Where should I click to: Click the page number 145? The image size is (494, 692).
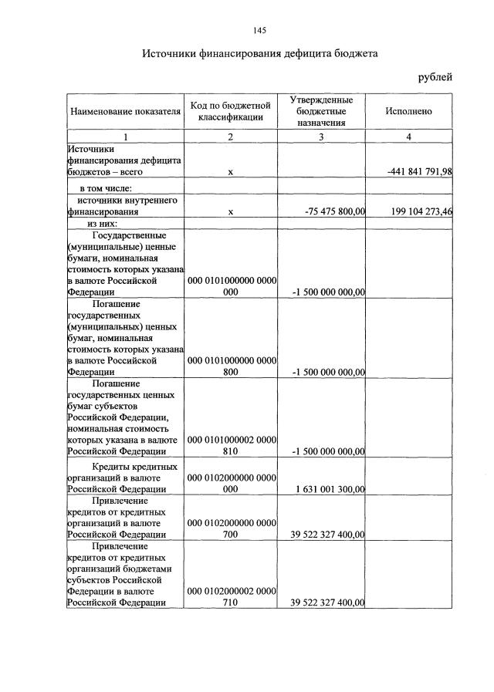[x=259, y=30]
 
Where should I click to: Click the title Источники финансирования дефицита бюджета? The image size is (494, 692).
[x=259, y=54]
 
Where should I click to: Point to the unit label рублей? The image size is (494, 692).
[x=435, y=76]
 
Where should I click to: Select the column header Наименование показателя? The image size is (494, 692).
[x=126, y=112]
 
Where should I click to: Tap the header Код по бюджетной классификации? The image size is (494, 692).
[x=231, y=111]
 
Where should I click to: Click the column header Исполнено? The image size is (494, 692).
[x=408, y=112]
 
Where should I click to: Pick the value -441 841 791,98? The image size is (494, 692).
[x=418, y=172]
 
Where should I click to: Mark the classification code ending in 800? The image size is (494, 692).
[x=231, y=366]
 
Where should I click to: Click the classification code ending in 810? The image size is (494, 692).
[x=231, y=446]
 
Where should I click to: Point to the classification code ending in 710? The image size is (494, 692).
[x=231, y=597]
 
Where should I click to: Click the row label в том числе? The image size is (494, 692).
[x=106, y=188]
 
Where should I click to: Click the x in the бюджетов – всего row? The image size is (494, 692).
[x=231, y=172]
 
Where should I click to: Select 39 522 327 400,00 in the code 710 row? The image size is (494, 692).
[x=327, y=603]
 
